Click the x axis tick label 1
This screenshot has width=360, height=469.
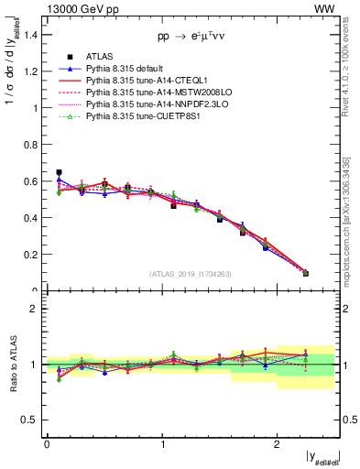(x=162, y=443)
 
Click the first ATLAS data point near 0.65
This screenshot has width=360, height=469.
(x=59, y=172)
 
